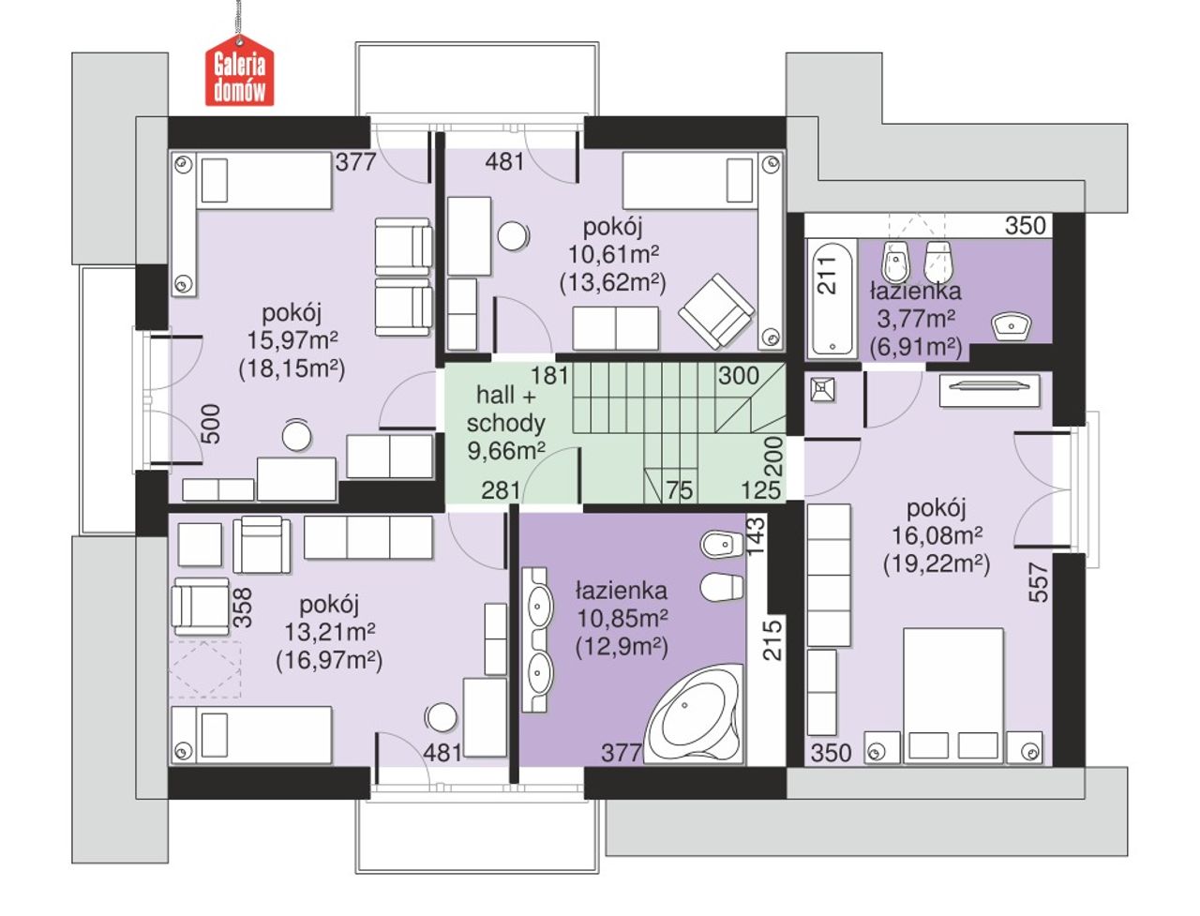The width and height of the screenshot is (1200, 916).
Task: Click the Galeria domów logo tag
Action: click(239, 70)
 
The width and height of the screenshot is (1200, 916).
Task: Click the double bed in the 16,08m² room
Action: click(952, 694)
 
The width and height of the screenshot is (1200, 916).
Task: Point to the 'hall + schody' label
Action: click(505, 408)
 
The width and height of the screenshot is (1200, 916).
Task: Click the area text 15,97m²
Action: click(292, 340)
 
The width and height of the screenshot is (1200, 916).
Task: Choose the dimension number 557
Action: click(1038, 583)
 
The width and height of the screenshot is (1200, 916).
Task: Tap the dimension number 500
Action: click(211, 424)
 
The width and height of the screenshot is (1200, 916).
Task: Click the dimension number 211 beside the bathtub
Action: click(827, 275)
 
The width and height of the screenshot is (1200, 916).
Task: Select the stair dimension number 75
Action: click(680, 490)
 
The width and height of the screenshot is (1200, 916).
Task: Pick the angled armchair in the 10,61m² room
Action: click(715, 311)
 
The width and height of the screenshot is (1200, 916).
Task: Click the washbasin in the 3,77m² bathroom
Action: click(1011, 326)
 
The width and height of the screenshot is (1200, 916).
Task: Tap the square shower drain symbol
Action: click(823, 390)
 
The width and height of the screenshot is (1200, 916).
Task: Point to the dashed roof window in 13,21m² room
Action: click(205, 670)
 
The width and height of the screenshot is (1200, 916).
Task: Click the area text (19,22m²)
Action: click(937, 564)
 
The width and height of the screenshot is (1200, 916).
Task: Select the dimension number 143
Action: click(756, 536)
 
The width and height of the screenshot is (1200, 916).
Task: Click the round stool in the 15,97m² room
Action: click(296, 436)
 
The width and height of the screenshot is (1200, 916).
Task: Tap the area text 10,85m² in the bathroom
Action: click(622, 618)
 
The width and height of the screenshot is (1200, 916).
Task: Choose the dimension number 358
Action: click(242, 608)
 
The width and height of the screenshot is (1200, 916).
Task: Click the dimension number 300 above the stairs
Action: click(739, 375)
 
